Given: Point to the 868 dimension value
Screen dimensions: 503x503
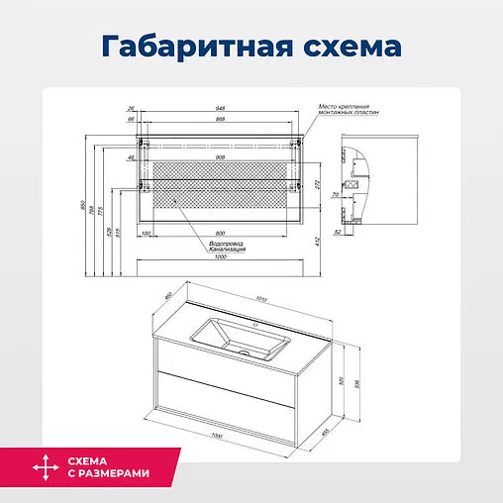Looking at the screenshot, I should coord(219,119).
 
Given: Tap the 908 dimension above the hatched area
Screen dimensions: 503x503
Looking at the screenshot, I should coord(219,157).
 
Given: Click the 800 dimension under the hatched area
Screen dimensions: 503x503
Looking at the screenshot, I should coord(219,234).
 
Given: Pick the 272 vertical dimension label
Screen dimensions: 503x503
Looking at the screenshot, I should coord(317,184).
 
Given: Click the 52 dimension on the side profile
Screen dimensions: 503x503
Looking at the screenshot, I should coord(339,233).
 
